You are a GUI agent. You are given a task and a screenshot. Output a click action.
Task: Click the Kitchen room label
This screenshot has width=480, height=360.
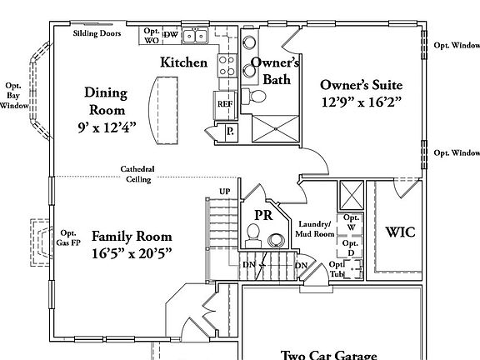coord(183,62)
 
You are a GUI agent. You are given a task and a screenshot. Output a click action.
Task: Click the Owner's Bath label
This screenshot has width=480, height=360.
coord(275,70)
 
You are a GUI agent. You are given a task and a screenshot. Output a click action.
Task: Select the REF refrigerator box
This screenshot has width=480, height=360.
coord(225,104)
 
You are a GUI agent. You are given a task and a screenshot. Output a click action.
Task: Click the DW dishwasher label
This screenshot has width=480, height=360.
coord(170,34)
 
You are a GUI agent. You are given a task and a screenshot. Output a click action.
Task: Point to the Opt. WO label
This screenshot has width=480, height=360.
coord(151,35)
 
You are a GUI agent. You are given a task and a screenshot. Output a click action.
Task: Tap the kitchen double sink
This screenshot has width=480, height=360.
coord(197,35)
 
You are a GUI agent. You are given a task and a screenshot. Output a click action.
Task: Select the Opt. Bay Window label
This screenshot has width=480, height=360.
coord(13,96)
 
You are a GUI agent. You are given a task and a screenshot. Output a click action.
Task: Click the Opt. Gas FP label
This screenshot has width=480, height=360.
coord(67,237)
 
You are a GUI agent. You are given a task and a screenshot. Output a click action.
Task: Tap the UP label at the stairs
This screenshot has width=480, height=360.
coord(223,191)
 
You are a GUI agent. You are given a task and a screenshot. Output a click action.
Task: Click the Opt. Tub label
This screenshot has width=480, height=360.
coord(337,270)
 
